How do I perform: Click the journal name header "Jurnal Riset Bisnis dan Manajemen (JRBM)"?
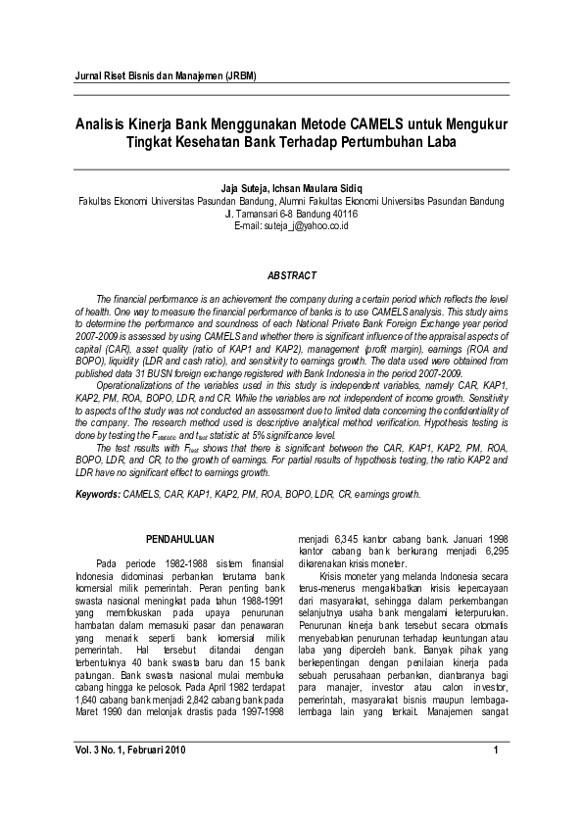click(166, 77)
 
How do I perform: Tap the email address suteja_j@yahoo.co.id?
click(291, 225)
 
